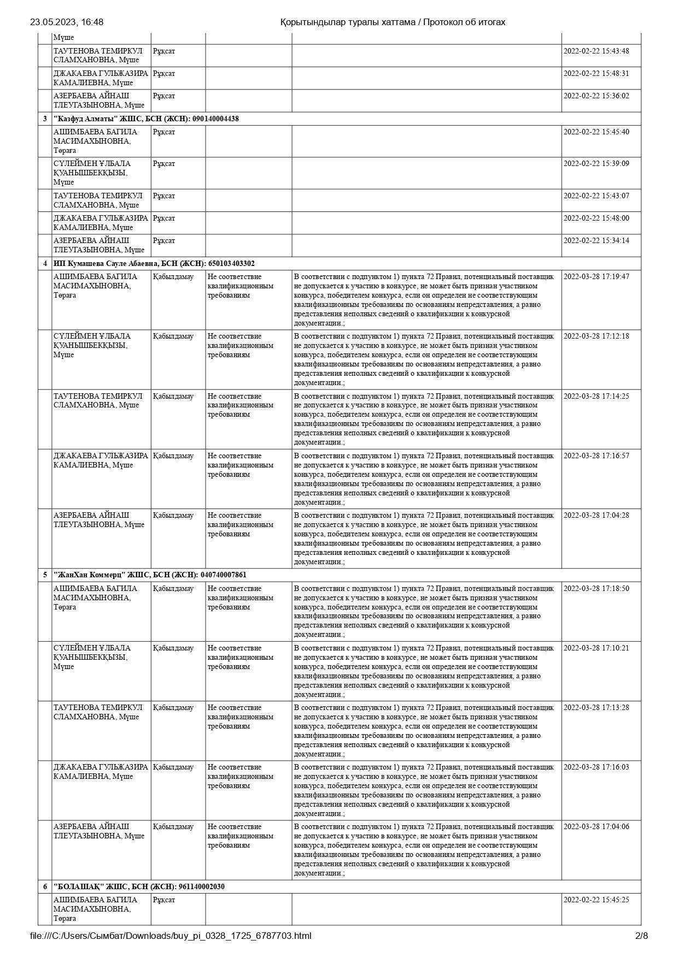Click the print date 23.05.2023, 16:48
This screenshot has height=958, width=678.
pos(67,22)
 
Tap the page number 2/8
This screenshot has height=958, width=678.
pos(641,936)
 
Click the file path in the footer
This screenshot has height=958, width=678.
pos(171,936)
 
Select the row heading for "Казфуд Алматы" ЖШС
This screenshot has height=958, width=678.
pos(146,119)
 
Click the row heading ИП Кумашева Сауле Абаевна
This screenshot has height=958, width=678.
pos(154,263)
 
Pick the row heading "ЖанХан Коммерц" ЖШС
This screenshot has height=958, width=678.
pos(150,575)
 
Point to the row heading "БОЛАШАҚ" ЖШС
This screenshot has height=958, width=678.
pos(139,886)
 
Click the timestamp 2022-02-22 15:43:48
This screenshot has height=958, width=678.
pos(596,51)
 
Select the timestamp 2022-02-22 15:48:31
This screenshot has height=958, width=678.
pos(596,73)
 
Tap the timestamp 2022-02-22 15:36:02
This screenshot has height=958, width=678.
pos(596,96)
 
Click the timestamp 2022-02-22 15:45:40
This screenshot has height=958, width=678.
pos(596,132)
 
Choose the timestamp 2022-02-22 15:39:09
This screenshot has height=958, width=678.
pos(596,163)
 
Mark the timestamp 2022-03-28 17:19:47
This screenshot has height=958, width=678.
pos(596,276)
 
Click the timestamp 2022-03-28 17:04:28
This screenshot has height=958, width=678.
pos(596,515)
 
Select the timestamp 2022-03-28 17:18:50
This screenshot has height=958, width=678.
pos(596,588)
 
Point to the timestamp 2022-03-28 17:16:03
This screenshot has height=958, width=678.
pos(596,767)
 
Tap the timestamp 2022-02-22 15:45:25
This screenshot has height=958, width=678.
pos(596,900)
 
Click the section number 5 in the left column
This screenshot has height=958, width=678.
pos(45,575)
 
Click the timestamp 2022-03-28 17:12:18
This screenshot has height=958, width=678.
pos(596,336)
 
